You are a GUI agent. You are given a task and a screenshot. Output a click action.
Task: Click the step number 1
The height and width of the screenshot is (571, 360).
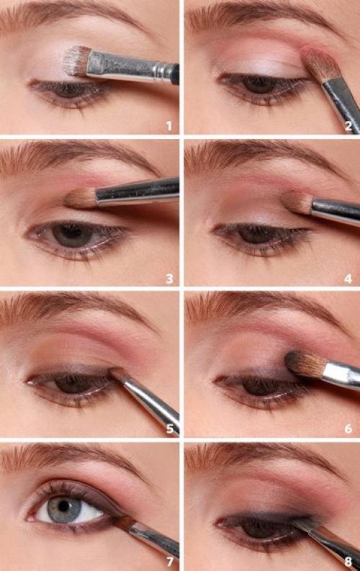[x=169, y=126]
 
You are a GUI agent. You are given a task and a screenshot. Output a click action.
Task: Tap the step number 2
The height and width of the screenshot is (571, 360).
[x=348, y=126]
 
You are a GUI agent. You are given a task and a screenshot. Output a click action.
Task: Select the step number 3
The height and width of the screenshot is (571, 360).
[x=169, y=279]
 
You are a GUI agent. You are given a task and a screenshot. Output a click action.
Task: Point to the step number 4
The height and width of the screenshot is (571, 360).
[x=348, y=279]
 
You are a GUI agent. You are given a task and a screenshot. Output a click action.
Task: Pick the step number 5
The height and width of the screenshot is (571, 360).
[x=169, y=429]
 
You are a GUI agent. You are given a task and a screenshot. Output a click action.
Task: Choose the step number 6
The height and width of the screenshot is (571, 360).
[x=348, y=429]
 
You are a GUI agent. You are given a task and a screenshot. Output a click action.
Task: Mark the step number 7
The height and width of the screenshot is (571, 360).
[x=169, y=562]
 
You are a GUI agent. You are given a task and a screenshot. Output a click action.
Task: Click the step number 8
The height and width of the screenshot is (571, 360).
[x=348, y=562]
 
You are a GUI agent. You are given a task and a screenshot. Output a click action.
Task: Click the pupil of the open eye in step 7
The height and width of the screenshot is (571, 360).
[x=64, y=505]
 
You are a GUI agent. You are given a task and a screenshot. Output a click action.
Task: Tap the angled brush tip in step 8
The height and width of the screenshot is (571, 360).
[x=300, y=523]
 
